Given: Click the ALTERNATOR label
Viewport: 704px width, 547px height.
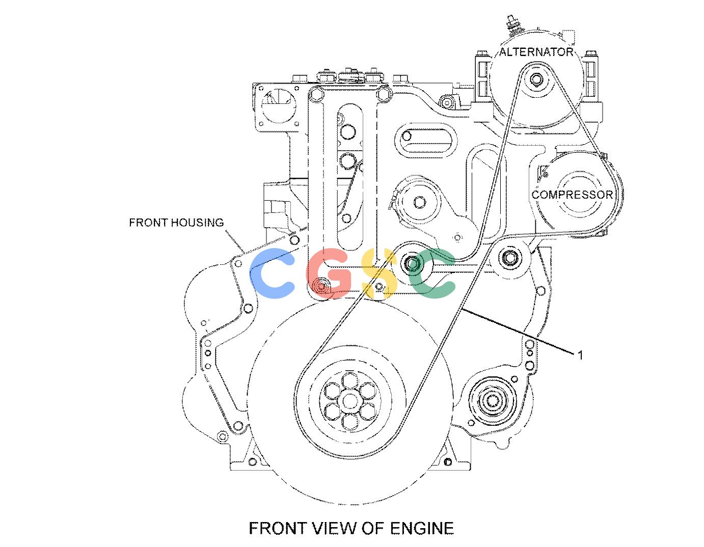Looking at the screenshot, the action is point(536,52).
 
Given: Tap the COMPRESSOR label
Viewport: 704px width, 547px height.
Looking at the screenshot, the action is point(572,195).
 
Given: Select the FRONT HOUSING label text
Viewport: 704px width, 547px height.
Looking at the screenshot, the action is point(177,223).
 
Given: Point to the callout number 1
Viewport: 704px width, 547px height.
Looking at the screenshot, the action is point(580,355).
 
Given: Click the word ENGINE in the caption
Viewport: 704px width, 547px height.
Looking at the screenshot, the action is point(421,529).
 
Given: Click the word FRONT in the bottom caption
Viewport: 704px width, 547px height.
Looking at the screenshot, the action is point(276,529).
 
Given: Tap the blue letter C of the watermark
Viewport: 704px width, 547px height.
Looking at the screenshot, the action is point(272,273).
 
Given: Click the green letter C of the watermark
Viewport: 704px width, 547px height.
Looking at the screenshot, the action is point(431,273).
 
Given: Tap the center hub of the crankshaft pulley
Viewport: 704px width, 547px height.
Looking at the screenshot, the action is point(349,401).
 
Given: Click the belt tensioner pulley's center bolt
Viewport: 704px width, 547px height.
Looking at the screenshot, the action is point(420,202).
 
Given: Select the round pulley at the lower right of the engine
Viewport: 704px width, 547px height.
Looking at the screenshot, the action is point(492,401).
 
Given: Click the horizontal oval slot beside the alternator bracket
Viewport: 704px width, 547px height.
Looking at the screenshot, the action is point(426,143).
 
